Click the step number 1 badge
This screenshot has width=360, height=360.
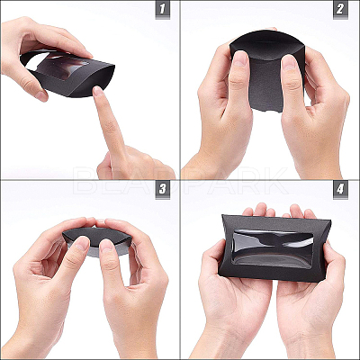[x=163, y=9]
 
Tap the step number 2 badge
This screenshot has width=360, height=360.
[x=340, y=9]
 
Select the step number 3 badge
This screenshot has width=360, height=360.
[x=163, y=189]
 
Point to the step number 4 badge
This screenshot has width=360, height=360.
[x=340, y=189]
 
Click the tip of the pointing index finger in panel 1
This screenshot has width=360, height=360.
[x=98, y=89]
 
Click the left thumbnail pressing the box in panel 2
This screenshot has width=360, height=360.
[x=240, y=58]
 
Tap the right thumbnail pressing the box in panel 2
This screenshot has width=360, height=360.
[x=289, y=62]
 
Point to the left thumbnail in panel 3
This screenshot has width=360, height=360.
[x=82, y=242]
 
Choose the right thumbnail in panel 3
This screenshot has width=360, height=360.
[x=107, y=246]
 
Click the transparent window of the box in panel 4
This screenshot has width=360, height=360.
[x=272, y=248]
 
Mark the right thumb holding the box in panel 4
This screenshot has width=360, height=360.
[x=332, y=264]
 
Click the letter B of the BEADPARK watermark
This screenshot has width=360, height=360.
[x=83, y=181]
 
